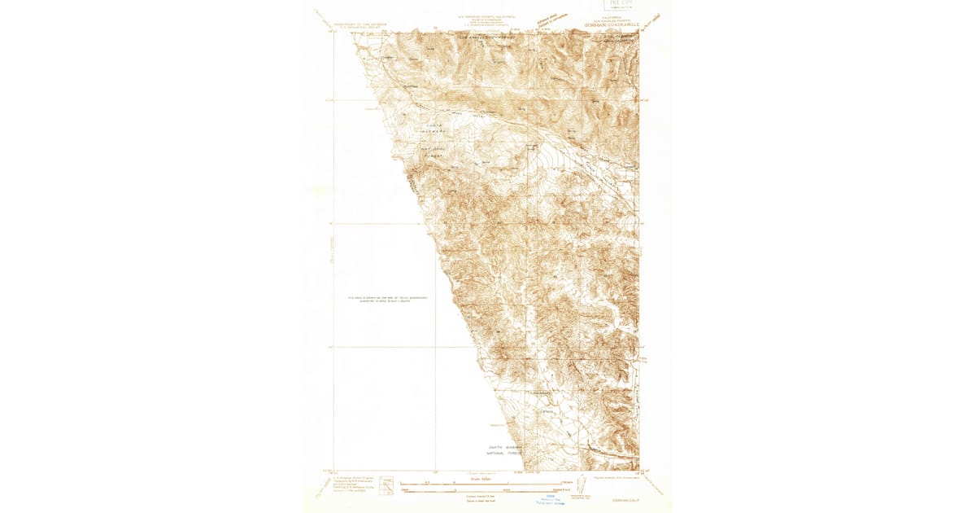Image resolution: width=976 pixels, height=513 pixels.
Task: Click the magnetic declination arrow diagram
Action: pos(579,485)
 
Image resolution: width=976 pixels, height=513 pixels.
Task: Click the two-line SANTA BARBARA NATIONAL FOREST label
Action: pos(504,449)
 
